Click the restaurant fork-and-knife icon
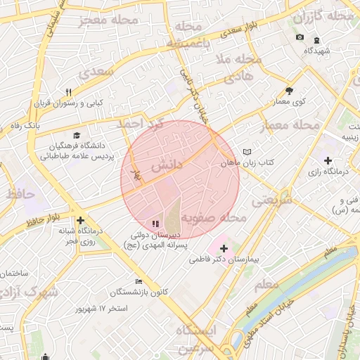(68, 92)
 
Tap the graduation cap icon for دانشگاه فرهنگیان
(76, 136)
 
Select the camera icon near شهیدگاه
(300, 37)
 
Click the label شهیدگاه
(317, 51)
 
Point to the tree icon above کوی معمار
(289, 91)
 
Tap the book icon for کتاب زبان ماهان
(246, 152)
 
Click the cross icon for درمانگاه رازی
(328, 160)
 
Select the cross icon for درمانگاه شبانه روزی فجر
(80, 220)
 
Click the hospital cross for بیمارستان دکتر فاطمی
(224, 248)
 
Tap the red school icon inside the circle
(155, 224)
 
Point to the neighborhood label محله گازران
(323, 15)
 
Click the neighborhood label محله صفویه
(221, 218)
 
